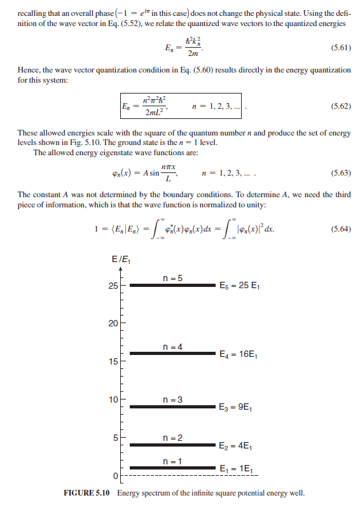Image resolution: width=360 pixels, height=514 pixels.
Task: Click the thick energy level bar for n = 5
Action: pyautogui.click(x=172, y=285)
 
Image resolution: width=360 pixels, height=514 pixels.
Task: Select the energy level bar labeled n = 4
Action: pyautogui.click(x=172, y=353)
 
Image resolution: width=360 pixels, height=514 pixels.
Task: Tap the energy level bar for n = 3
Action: pyautogui.click(x=172, y=406)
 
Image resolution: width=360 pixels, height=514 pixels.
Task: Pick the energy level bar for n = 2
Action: pyautogui.click(x=172, y=445)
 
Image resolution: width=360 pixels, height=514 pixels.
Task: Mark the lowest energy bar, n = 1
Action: pyautogui.click(x=172, y=468)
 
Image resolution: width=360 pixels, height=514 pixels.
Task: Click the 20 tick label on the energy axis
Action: pyautogui.click(x=113, y=324)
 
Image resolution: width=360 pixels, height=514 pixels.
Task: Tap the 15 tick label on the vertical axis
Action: pyautogui.click(x=113, y=362)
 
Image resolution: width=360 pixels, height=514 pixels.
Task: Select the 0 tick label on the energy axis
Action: pyautogui.click(x=116, y=476)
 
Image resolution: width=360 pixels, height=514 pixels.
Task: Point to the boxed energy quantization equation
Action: pyautogui.click(x=182, y=107)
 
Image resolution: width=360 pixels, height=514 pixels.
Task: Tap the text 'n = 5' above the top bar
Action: pyautogui.click(x=172, y=277)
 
